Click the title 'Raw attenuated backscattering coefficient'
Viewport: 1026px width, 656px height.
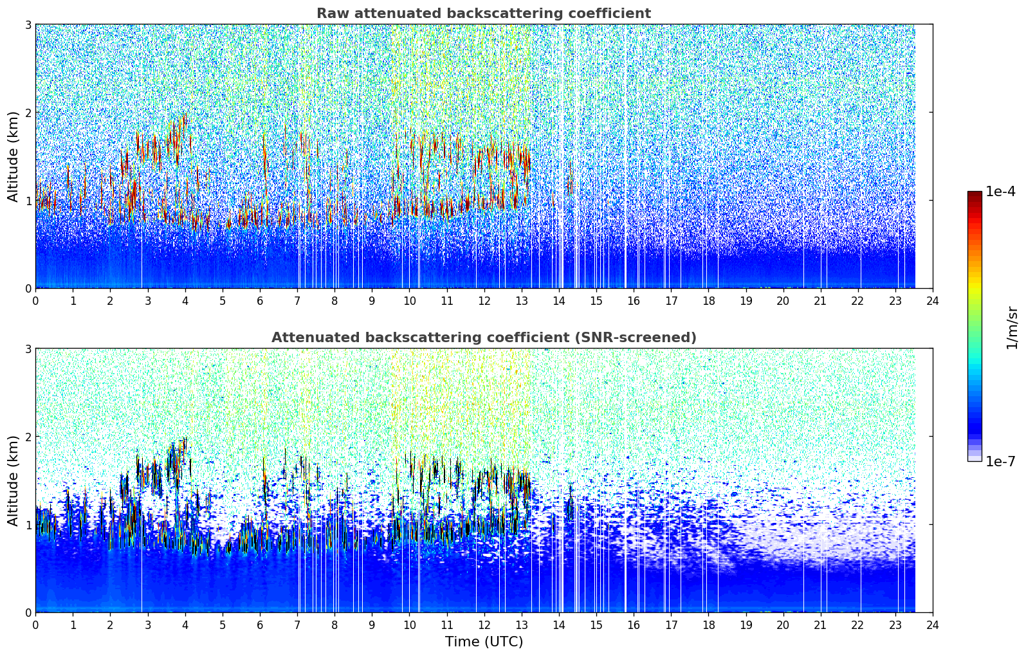click(484, 14)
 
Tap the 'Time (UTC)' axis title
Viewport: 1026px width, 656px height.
click(484, 641)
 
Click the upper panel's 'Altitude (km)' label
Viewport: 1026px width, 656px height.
click(13, 157)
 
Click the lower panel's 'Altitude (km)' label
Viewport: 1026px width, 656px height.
click(13, 480)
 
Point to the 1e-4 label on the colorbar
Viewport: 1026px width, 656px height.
click(1000, 192)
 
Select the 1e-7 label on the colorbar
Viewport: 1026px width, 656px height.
click(1000, 461)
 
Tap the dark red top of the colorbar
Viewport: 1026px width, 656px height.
click(975, 195)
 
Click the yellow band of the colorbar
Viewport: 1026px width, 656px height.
click(975, 287)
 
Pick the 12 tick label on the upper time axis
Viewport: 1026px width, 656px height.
click(484, 301)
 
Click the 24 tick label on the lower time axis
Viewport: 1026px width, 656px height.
click(933, 625)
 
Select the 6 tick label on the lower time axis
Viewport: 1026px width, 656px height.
click(260, 625)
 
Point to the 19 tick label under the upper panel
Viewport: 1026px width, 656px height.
click(746, 301)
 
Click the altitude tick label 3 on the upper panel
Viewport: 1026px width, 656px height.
click(28, 24)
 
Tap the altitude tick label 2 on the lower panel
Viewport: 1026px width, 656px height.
click(28, 437)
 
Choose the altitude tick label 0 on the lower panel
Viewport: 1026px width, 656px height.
click(28, 612)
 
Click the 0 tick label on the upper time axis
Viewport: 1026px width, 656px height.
click(36, 301)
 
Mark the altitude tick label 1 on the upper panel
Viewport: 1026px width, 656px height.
click(28, 201)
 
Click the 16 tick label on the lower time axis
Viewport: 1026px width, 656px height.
click(634, 625)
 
